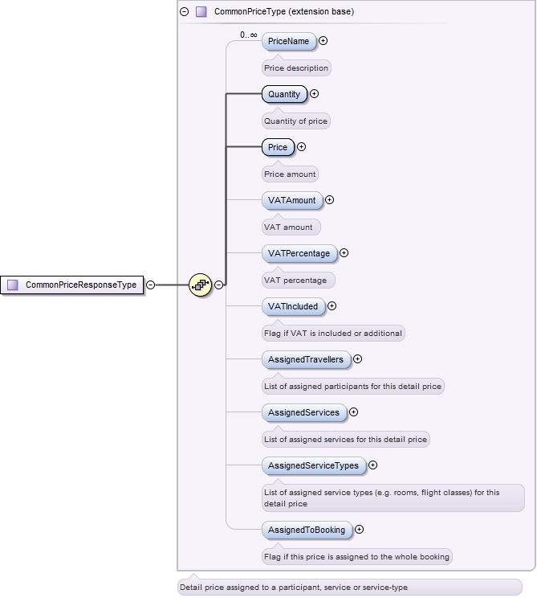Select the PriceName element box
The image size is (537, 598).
pos(288,41)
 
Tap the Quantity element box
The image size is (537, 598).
pos(284,94)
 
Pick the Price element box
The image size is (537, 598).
pos(278,147)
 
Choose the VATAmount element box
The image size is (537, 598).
pos(291,200)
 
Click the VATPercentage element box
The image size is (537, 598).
pos(299,253)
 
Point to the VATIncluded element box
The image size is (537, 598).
pos(293,306)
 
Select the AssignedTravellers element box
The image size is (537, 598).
pos(306,359)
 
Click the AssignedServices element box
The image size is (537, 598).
pos(303,412)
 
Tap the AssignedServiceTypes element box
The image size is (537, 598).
pos(313,465)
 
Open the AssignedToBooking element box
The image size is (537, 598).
pos(307,530)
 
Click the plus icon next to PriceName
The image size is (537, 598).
pos(323,41)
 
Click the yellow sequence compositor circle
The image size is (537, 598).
pos(200,285)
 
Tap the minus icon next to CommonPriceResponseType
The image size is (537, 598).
pos(150,285)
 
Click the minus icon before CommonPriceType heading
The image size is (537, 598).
pos(185,12)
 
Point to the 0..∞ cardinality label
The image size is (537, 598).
pos(248,35)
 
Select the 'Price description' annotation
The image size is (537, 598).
pos(296,68)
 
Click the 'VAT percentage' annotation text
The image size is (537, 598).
pos(295,281)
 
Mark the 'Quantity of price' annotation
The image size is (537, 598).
pos(296,121)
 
